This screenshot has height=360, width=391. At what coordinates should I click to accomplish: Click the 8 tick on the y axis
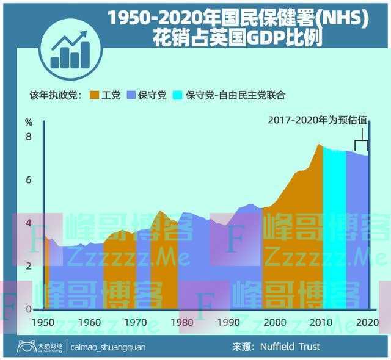click(29, 137)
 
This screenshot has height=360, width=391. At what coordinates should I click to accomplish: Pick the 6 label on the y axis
click(29, 180)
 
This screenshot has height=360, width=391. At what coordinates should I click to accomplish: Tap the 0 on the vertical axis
click(29, 309)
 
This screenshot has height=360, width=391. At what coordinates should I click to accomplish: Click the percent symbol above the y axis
click(29, 121)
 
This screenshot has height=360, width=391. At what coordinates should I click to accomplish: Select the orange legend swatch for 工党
click(94, 95)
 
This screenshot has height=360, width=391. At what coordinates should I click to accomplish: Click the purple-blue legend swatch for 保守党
click(130, 95)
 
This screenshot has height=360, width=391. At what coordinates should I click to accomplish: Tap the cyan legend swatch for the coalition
click(178, 95)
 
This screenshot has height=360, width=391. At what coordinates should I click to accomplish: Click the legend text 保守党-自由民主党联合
click(236, 95)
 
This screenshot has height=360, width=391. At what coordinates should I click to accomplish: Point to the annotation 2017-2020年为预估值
click(317, 120)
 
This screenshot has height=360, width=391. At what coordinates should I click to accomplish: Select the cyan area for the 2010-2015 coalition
click(333, 232)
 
